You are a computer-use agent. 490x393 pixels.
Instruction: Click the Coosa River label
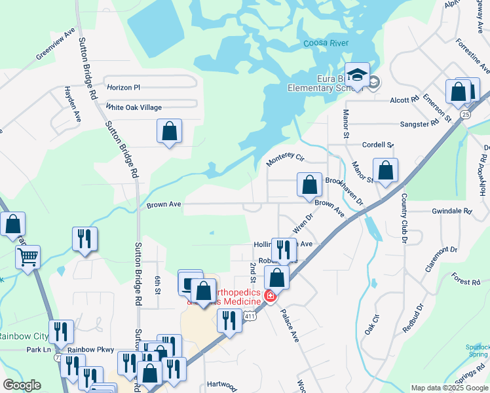point(326,44)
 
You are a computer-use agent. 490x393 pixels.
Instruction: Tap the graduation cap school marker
point(358,75)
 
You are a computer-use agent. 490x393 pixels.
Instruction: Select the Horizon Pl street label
point(124,87)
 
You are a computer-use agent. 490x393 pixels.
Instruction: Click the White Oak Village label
point(134,107)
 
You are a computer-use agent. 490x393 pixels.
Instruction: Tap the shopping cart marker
point(28,257)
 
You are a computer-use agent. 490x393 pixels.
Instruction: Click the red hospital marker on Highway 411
point(269,297)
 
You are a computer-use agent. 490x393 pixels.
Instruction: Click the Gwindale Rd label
point(451,212)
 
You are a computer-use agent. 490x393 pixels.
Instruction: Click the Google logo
point(22,385)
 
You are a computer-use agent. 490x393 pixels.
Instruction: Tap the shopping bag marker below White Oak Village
point(169,131)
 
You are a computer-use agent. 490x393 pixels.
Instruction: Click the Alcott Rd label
point(404,100)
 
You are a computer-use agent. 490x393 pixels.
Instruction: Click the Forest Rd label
point(466,280)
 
